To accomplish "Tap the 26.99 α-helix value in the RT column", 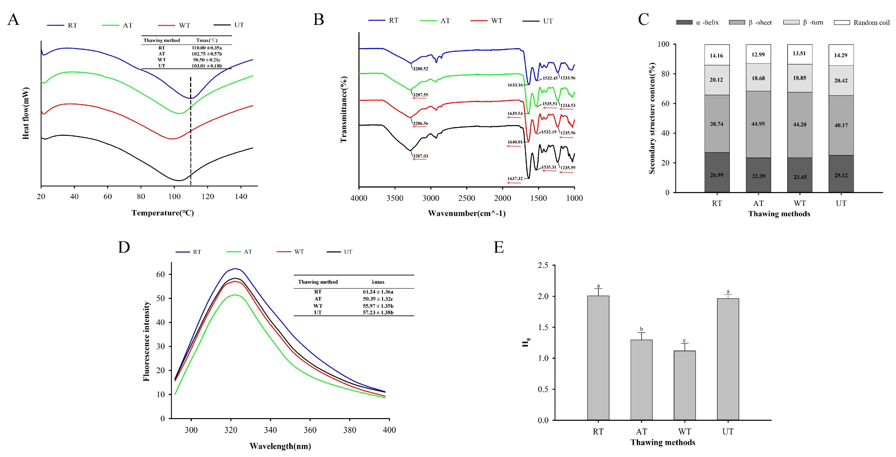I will pyautogui.click(x=717, y=175).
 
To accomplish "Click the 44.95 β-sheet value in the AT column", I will pyautogui.click(x=758, y=124).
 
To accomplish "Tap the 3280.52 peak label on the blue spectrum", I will pyautogui.click(x=420, y=69).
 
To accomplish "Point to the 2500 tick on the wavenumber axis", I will pyautogui.click(x=466, y=198).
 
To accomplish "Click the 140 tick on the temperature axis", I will pyautogui.click(x=241, y=197).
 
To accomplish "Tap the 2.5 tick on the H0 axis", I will pyautogui.click(x=543, y=265).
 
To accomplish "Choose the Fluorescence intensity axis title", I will pyautogui.click(x=147, y=341).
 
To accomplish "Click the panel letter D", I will pyautogui.click(x=124, y=247).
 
